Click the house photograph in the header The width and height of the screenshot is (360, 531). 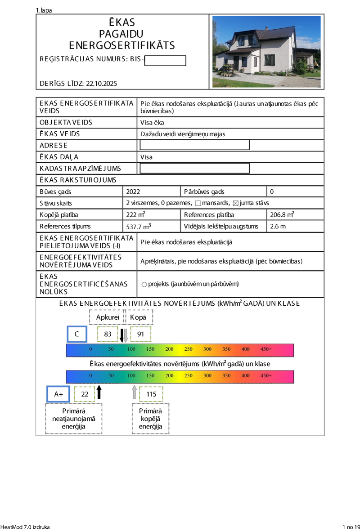tap(266, 52)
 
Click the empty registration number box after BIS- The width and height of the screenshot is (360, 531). tap(165, 61)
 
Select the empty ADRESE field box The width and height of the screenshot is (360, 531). tap(194, 145)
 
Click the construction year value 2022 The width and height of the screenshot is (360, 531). tap(134, 192)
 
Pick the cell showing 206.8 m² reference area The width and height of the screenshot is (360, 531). tap(282, 214)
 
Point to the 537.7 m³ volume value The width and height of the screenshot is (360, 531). tap(139, 226)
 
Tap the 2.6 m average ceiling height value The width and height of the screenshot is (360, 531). tap(278, 226)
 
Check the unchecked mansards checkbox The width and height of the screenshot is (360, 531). tap(198, 203)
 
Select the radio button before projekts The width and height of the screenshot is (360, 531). tap(144, 284)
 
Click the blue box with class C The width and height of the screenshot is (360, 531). tap(77, 334)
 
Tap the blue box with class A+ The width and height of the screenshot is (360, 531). tap(58, 394)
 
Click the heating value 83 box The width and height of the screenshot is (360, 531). tap(108, 334)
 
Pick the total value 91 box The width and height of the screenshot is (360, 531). tap(140, 334)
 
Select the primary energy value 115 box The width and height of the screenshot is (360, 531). tap(151, 394)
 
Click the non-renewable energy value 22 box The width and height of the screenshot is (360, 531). tap(85, 394)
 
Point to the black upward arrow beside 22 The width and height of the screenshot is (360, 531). tap(99, 392)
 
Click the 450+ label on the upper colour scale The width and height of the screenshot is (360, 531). tap(265, 349)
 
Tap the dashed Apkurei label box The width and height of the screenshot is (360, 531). tap(107, 317)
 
